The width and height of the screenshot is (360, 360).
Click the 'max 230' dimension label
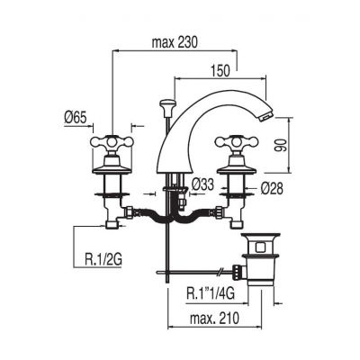pyautogui.click(x=175, y=43)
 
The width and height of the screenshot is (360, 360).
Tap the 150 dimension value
pyautogui.click(x=220, y=70)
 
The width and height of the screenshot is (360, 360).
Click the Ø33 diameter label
pyautogui.click(x=202, y=184)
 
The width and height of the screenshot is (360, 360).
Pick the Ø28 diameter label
pyautogui.click(x=272, y=189)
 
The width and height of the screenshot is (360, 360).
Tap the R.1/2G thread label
pyautogui.click(x=103, y=259)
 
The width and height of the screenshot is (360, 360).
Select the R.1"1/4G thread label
pyautogui.click(x=211, y=293)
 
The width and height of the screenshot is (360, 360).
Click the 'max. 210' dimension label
pyautogui.click(x=214, y=318)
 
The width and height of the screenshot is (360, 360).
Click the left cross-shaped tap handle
pyautogui.click(x=112, y=141)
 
